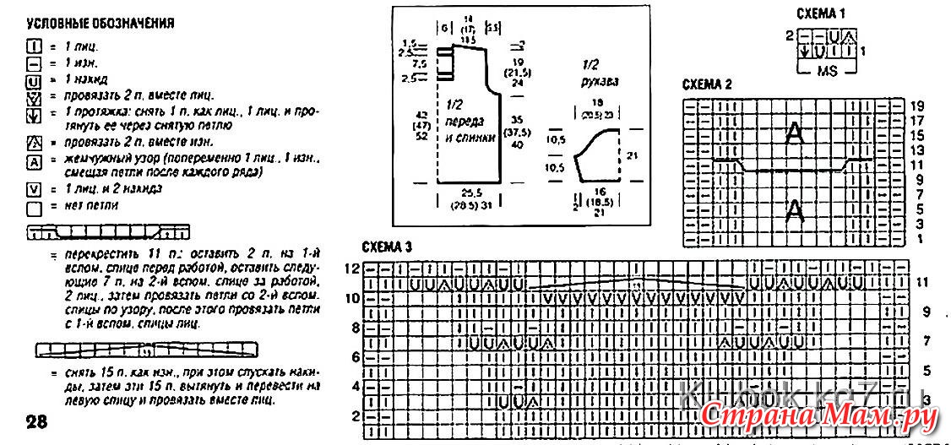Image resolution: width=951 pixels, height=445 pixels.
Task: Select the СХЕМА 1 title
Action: (x=821, y=14)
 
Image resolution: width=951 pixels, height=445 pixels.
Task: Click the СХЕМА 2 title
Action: (x=707, y=84)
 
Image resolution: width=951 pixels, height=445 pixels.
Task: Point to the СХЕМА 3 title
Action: (x=387, y=247)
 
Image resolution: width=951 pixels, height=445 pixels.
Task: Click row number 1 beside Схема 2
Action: (x=917, y=240)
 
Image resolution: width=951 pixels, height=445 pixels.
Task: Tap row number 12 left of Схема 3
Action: (x=352, y=268)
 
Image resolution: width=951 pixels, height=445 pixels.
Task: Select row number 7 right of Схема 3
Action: (x=927, y=340)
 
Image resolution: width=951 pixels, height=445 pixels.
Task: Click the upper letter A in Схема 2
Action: (x=794, y=133)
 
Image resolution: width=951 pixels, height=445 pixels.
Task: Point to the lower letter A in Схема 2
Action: (x=794, y=210)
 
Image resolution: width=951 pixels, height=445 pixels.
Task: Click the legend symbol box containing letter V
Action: (x=34, y=189)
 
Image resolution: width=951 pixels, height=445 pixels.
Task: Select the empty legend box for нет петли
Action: (x=34, y=205)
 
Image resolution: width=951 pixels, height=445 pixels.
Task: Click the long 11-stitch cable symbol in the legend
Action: (x=108, y=231)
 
